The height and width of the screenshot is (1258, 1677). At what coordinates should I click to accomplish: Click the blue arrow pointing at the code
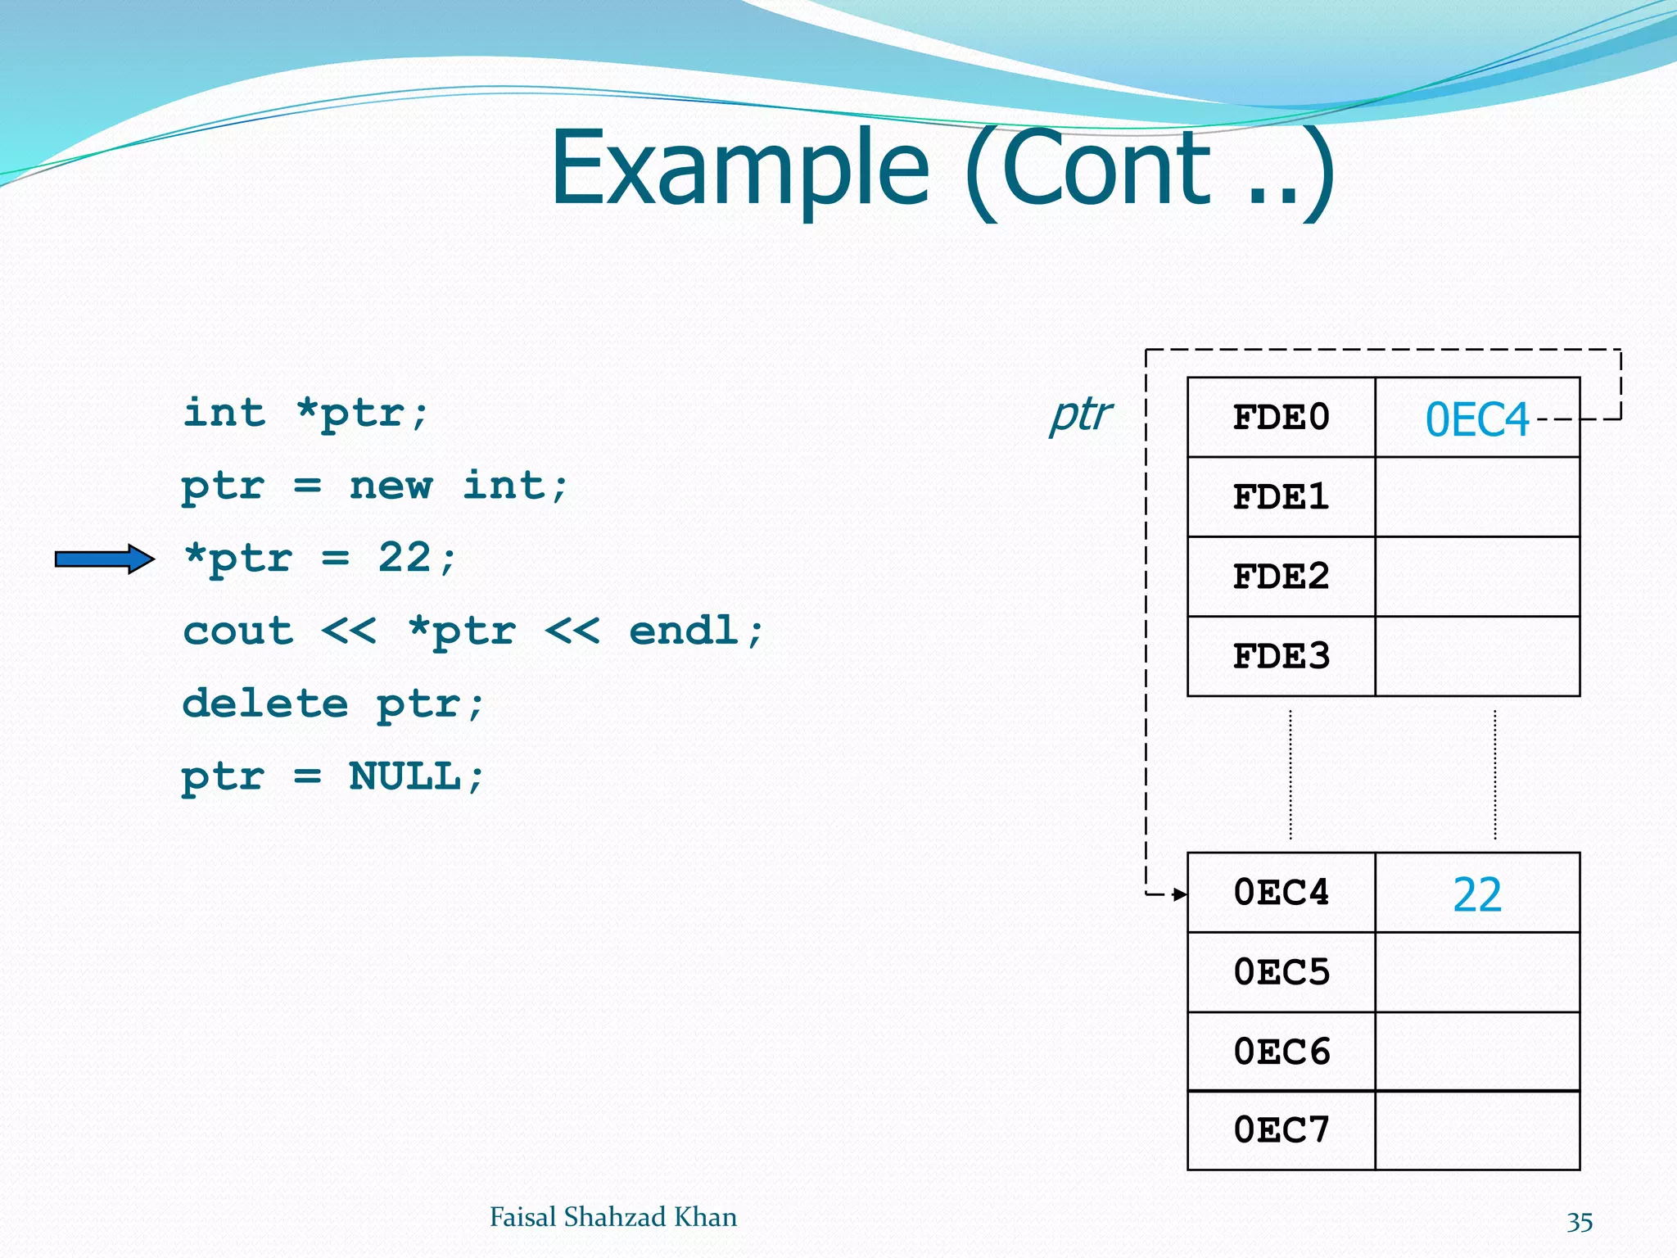105,559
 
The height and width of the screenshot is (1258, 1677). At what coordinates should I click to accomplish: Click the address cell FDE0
1281,418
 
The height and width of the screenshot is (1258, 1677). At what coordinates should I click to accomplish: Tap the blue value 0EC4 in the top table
1476,419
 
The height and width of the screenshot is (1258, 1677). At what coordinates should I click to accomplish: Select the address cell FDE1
1281,497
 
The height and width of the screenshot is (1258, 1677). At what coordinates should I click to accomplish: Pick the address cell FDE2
1281,577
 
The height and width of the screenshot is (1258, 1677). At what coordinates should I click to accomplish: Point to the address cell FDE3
1281,656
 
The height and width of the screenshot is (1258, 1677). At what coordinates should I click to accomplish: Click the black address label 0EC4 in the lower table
1281,892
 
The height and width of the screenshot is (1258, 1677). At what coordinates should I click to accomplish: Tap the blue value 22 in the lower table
1476,894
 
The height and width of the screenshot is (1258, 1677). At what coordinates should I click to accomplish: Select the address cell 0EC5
1281,971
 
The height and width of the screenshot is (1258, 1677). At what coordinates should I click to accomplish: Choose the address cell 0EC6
1281,1051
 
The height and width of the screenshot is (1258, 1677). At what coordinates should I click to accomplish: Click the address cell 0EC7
1281,1129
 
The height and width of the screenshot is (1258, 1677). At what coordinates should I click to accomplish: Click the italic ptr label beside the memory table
1080,414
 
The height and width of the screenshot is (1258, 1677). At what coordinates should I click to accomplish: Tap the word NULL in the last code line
405,776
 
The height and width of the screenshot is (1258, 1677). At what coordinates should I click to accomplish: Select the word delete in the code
265,703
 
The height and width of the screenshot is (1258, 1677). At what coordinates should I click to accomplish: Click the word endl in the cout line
684,630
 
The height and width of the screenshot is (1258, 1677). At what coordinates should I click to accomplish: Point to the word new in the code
391,485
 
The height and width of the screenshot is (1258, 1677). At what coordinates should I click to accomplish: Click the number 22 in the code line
405,557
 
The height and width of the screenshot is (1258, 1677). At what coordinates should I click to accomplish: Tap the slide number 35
1579,1221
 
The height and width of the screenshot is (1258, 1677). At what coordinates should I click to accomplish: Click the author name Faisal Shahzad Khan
612,1217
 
